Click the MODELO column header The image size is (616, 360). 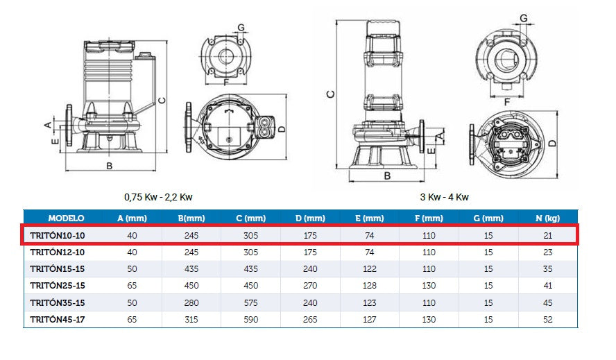(x=66, y=218)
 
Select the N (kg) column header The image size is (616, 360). (x=547, y=218)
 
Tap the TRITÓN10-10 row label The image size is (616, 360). (x=58, y=235)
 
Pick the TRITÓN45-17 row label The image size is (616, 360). (x=58, y=320)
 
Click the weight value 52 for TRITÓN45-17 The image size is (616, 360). (x=547, y=320)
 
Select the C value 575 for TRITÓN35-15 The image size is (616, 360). (x=250, y=303)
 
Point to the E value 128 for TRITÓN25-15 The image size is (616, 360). (x=369, y=286)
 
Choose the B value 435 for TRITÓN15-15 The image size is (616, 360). (x=191, y=269)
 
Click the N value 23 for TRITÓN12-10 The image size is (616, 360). (x=547, y=252)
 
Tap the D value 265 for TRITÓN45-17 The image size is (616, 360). (x=310, y=320)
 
